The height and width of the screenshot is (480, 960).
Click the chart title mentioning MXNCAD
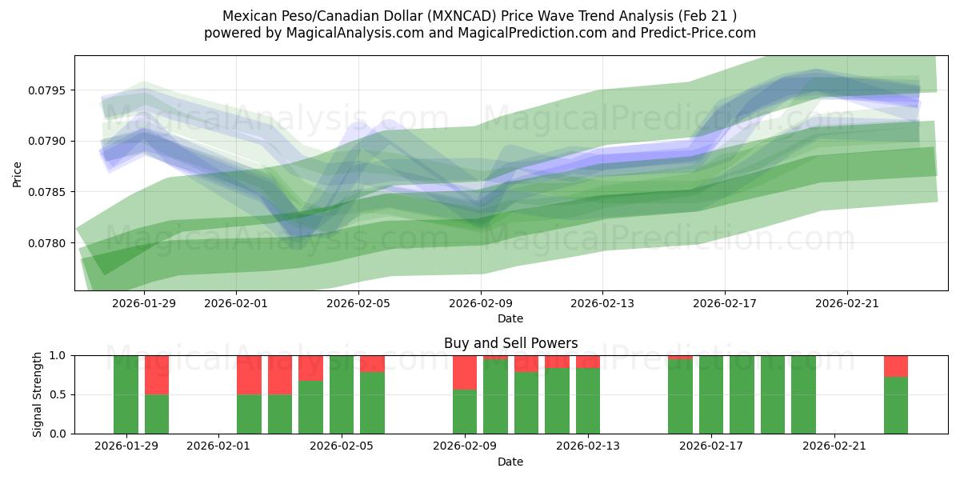click(x=479, y=15)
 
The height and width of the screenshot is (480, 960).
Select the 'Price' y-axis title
click(x=18, y=173)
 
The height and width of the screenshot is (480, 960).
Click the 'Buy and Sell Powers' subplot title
click(x=510, y=343)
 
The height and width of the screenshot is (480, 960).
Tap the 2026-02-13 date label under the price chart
click(x=602, y=303)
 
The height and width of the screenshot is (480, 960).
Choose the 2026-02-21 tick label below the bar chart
click(x=834, y=446)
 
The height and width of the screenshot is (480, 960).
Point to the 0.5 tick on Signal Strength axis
click(x=60, y=394)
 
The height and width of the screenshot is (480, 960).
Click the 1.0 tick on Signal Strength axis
click(x=60, y=355)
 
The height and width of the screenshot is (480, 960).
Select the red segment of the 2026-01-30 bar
click(x=157, y=374)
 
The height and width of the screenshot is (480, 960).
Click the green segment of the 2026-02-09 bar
click(x=465, y=412)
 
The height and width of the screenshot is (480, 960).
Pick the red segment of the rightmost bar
click(x=896, y=366)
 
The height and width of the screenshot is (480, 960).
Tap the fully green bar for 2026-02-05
click(x=342, y=394)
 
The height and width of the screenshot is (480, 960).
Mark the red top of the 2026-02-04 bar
click(x=310, y=367)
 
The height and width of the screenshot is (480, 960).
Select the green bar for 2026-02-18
click(x=742, y=394)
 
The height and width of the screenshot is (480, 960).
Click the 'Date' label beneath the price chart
click(x=510, y=318)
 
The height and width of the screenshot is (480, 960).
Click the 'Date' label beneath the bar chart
click(x=510, y=462)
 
